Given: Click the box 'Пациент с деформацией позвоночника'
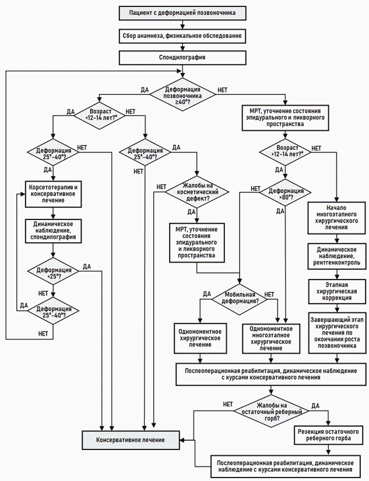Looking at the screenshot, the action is tap(182, 13).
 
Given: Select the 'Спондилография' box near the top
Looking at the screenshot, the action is tap(182, 57).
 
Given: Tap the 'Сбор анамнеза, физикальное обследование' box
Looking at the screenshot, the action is tap(182, 36).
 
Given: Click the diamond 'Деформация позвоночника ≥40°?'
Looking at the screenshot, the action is tap(182, 95).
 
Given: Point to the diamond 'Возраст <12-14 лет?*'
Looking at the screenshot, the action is tap(100, 115).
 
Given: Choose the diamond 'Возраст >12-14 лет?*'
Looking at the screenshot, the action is tap(286, 151).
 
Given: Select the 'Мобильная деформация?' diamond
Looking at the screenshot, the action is tap(240, 298).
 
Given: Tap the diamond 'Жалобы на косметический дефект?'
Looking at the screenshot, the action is tap(196, 191).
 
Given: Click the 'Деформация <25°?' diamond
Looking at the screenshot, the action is tap(53, 271).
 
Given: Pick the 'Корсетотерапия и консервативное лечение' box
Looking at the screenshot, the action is tap(53, 194).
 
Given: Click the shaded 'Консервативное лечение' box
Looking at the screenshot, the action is tap(131, 440).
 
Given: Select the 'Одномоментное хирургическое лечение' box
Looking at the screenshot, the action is tap(201, 338).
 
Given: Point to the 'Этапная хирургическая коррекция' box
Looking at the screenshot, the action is tap(337, 291).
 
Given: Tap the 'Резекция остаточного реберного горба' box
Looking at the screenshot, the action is tap(328, 435).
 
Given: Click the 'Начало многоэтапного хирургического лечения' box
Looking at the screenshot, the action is tap(337, 218).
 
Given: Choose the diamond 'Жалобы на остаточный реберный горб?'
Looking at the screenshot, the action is tap(271, 412).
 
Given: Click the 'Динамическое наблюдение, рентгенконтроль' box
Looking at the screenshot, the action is tap(337, 256).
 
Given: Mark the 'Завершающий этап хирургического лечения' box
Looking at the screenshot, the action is tap(337, 333).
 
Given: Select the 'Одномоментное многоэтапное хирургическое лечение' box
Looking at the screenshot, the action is tap(271, 339).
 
